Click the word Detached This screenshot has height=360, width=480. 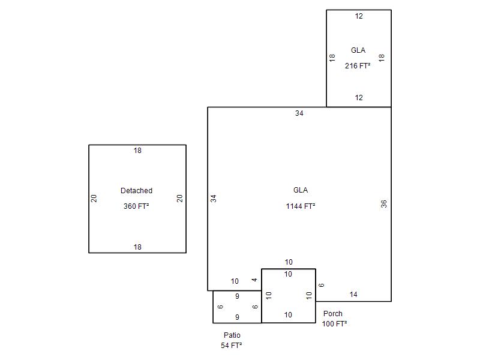pyautogui.click(x=137, y=191)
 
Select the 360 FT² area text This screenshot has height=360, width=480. pyautogui.click(x=136, y=206)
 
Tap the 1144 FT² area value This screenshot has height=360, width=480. pyautogui.click(x=301, y=206)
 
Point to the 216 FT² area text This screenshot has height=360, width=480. pyautogui.click(x=358, y=65)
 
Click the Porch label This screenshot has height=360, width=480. pyautogui.click(x=333, y=314)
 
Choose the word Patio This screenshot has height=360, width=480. pyautogui.click(x=232, y=335)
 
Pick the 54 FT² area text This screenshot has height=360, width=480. pyautogui.click(x=232, y=346)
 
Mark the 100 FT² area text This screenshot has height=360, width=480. pyautogui.click(x=334, y=323)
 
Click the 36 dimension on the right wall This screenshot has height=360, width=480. pyautogui.click(x=384, y=204)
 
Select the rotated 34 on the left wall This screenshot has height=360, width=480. pyautogui.click(x=214, y=199)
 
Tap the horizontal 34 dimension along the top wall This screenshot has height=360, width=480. pyautogui.click(x=299, y=113)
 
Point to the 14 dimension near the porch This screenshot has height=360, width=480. pyautogui.click(x=353, y=295)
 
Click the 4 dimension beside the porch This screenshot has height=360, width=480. pyautogui.click(x=254, y=280)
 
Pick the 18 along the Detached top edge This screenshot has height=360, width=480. pyautogui.click(x=137, y=151)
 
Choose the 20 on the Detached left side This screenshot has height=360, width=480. pyautogui.click(x=94, y=199)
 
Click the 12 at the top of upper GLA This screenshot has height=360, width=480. pyautogui.click(x=359, y=16)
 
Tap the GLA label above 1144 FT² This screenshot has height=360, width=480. pyautogui.click(x=301, y=190)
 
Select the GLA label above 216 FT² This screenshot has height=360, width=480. pyautogui.click(x=358, y=50)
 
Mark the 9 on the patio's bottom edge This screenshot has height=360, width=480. pyautogui.click(x=237, y=317)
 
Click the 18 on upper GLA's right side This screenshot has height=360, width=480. pyautogui.click(x=382, y=58)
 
